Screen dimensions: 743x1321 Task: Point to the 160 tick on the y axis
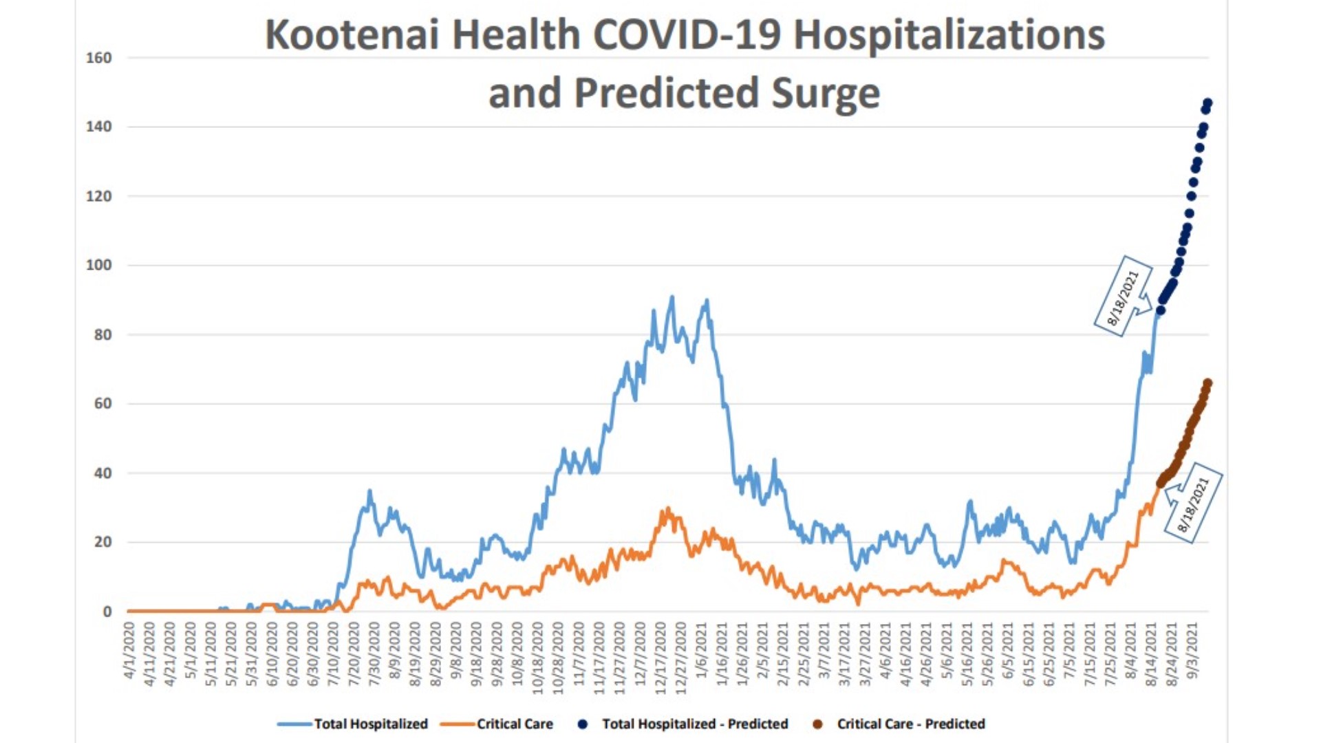tap(98, 58)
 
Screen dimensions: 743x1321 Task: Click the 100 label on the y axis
tap(98, 265)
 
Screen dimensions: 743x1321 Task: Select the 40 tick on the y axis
tap(103, 473)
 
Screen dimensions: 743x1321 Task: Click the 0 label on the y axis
tap(107, 612)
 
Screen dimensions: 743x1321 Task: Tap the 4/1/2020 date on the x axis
tap(129, 650)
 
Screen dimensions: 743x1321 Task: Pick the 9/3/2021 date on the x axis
tap(1193, 650)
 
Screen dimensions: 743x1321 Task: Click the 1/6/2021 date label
tap(702, 650)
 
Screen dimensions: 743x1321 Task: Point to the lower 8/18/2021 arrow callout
tap(1194, 503)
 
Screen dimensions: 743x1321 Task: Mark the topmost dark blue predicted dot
tap(1207, 103)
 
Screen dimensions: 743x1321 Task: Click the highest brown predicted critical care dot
tap(1207, 383)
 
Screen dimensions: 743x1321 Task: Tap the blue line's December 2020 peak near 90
tap(672, 298)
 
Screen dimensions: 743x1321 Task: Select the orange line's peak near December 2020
tap(667, 510)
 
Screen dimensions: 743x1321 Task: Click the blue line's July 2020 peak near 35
tap(369, 491)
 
